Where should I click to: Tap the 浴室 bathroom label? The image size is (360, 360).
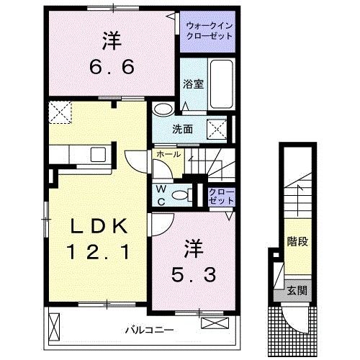coord(194,84)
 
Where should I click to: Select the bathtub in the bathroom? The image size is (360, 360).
coord(222,85)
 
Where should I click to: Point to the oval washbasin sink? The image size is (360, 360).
coord(163,109)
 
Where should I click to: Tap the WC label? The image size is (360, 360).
coord(162,194)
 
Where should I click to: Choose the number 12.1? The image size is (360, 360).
coord(99,252)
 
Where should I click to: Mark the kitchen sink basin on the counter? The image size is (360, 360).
coord(96,154)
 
